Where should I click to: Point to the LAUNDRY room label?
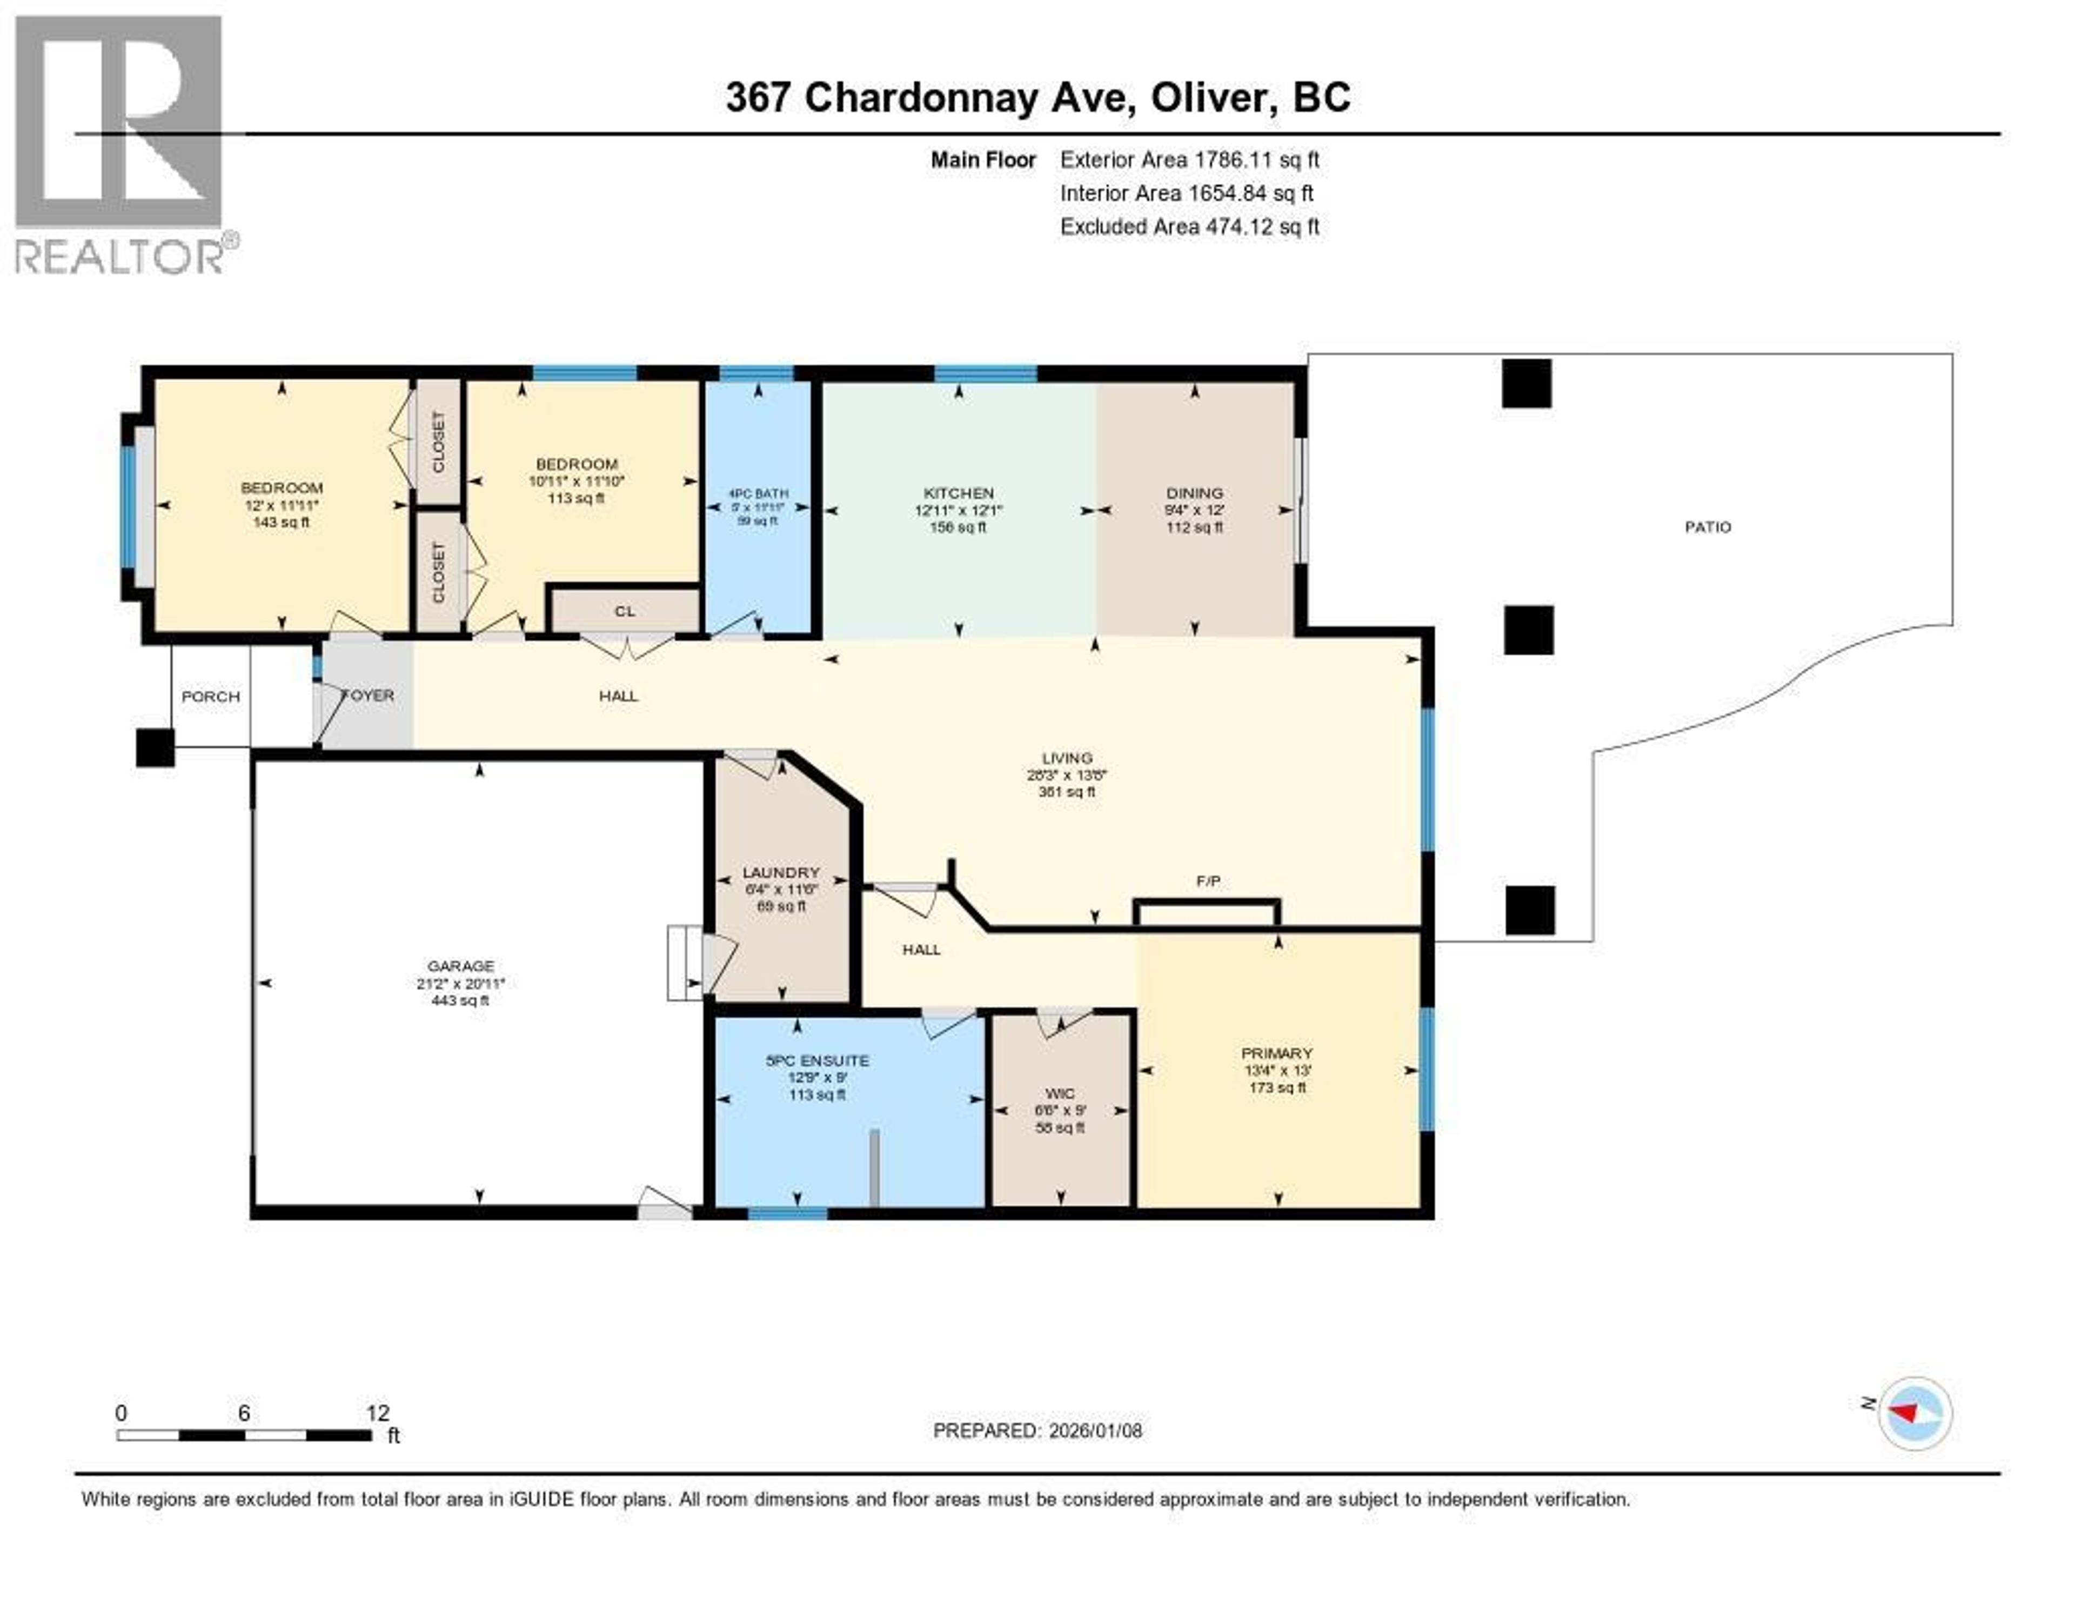(780, 872)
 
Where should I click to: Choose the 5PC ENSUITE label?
(817, 1060)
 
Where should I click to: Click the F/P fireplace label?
(1208, 881)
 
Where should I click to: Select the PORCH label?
(210, 697)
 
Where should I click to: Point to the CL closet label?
(624, 611)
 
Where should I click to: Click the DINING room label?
(1194, 492)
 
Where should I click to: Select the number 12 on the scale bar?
(377, 1413)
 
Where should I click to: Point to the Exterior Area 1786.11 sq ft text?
(1189, 159)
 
